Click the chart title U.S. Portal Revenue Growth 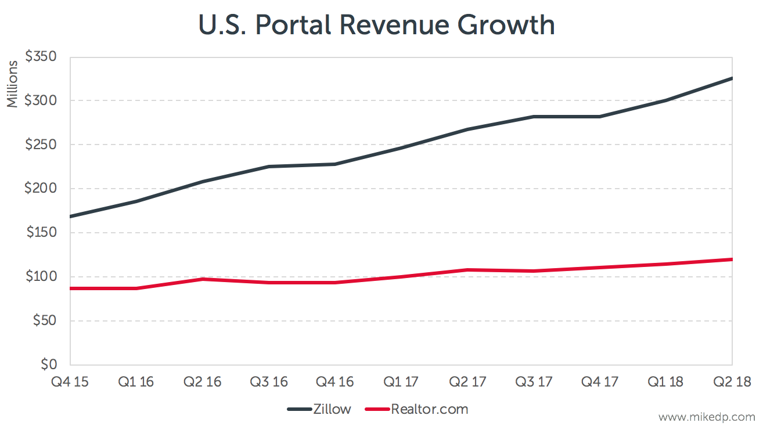[376, 26]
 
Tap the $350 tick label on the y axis [40, 57]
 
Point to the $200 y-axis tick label [40, 189]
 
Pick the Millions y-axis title [13, 84]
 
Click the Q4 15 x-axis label [69, 382]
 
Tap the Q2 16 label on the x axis [202, 382]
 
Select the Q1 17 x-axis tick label [401, 382]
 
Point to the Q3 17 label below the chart [533, 382]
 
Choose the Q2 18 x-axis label [732, 382]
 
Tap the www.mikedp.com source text [707, 417]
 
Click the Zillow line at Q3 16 [268, 167]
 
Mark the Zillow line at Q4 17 [599, 117]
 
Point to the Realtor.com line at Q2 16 [202, 279]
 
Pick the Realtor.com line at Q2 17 [467, 270]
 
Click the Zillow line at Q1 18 [665, 100]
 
